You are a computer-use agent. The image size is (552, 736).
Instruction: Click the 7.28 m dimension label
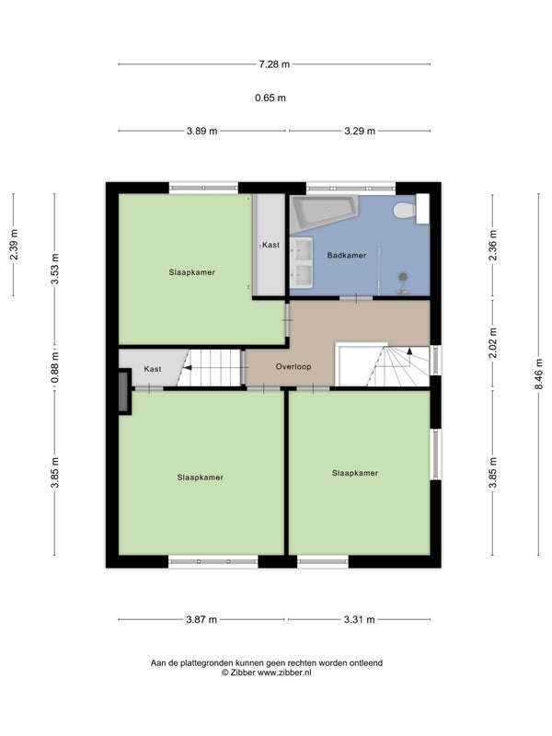(274, 64)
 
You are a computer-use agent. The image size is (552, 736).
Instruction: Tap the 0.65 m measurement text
(270, 98)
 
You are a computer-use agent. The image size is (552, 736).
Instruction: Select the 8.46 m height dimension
(538, 374)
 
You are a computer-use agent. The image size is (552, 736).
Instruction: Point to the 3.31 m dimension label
(360, 619)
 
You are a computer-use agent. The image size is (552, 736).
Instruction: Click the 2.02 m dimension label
(492, 343)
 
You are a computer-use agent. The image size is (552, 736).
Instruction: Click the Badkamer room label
(347, 256)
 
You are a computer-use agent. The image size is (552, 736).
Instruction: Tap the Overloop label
(293, 366)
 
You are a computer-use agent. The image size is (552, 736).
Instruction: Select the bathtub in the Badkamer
(323, 213)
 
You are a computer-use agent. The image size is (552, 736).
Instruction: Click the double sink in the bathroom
(302, 262)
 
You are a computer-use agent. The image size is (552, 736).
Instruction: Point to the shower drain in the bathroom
(403, 277)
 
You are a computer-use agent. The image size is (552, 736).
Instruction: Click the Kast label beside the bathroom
(270, 245)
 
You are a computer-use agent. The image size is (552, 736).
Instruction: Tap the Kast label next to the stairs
(153, 369)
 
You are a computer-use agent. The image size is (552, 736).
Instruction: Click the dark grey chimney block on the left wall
(124, 392)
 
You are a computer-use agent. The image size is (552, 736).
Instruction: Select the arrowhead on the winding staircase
(409, 351)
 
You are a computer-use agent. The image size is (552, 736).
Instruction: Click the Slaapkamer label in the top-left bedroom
(192, 272)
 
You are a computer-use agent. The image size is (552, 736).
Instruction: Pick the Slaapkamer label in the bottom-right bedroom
(355, 473)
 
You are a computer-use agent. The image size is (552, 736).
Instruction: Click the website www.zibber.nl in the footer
(284, 673)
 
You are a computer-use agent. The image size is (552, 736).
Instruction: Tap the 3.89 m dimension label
(201, 131)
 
